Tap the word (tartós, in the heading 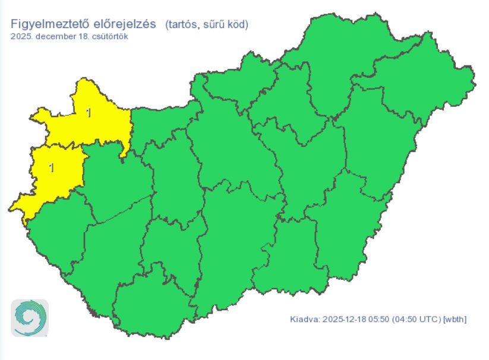tap(182, 25)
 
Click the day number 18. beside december tap(81, 36)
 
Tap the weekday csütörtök tap(108, 36)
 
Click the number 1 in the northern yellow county tap(89, 112)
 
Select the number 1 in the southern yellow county tap(52, 168)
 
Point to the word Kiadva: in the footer tap(305, 320)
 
